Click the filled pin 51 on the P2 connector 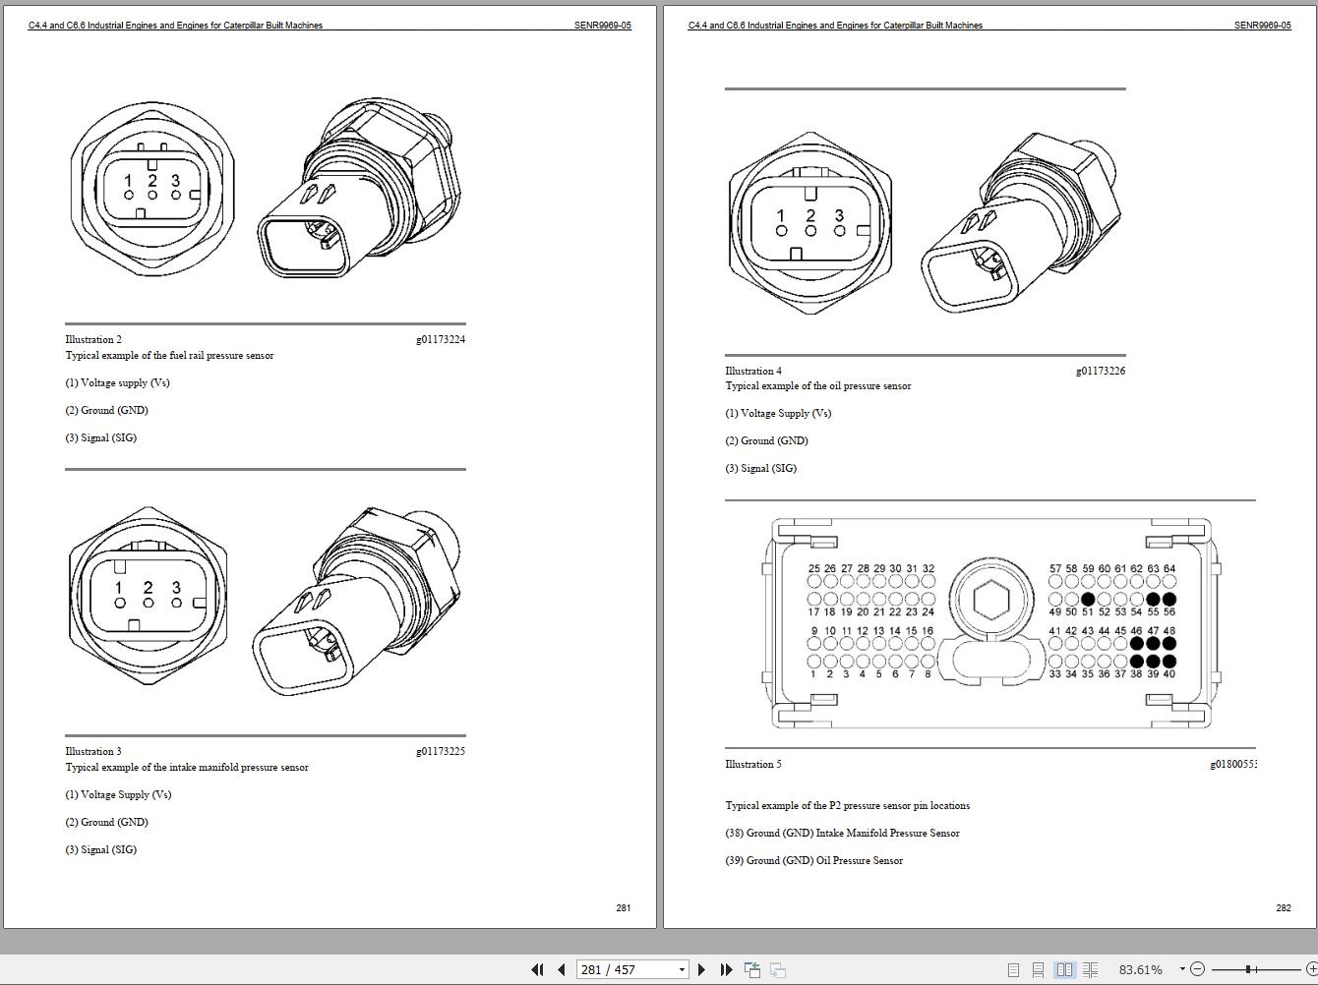point(1088,599)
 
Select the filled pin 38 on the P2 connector point(1137,662)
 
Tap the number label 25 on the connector point(813,568)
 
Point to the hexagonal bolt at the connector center point(990,599)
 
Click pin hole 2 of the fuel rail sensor point(152,196)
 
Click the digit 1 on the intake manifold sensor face point(119,588)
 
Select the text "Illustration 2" point(93,339)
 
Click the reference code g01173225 point(440,751)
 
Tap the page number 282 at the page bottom point(1283,907)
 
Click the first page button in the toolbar point(537,969)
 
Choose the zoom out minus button point(1197,969)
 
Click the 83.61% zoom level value point(1140,969)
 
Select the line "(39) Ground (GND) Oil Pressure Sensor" point(813,860)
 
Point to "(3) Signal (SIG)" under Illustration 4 point(760,468)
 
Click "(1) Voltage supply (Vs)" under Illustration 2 point(117,382)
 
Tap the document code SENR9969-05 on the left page point(602,26)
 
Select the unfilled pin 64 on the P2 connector point(1168,582)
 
